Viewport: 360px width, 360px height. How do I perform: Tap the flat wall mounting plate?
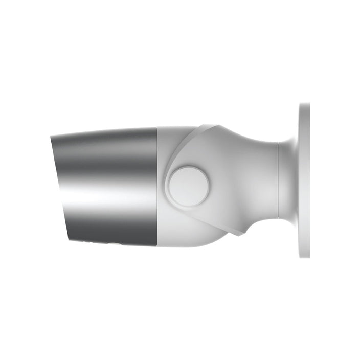tap(304, 181)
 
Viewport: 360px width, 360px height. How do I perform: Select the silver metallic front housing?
tap(107, 187)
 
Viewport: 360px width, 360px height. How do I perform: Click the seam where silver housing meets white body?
tap(157, 187)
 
